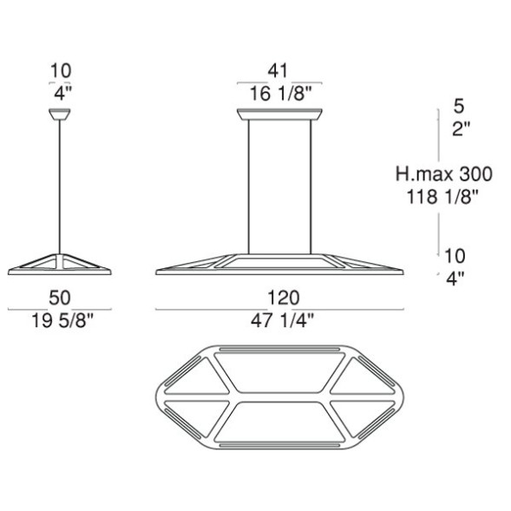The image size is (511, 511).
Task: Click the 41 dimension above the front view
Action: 278,70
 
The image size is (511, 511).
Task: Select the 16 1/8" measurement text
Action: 281,94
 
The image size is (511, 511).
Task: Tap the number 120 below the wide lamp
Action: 283,298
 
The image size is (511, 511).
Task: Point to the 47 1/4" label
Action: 282,321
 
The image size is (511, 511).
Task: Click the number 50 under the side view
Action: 60,298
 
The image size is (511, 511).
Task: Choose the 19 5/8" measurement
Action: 62,321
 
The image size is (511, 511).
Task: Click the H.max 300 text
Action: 444,174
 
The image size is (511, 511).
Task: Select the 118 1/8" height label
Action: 442,197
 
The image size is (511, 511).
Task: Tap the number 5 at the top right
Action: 459,106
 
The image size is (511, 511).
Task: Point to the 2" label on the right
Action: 462,129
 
